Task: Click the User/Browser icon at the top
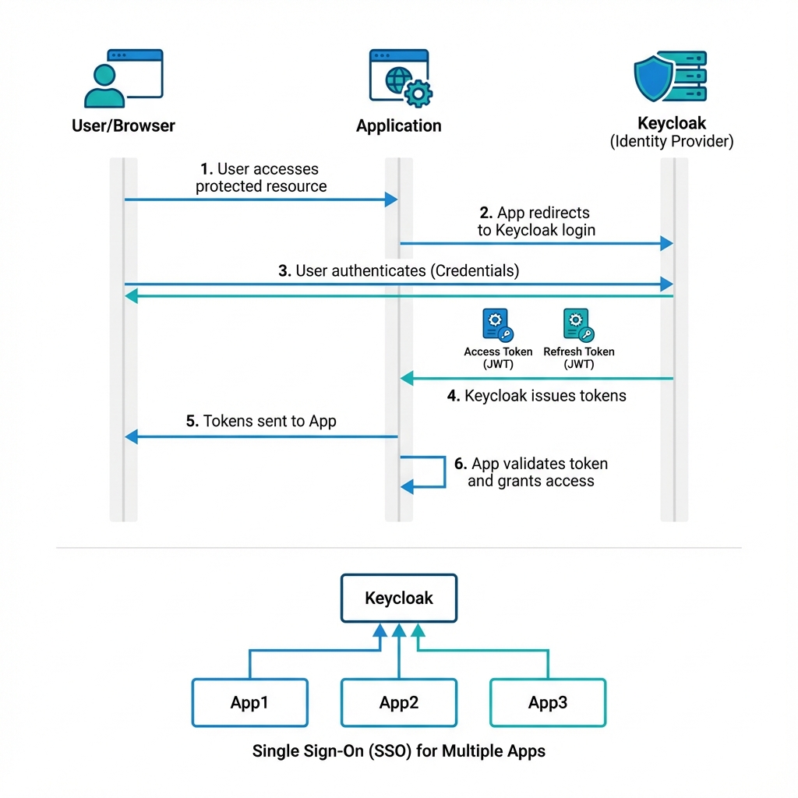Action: (x=123, y=78)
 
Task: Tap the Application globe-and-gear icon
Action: (x=400, y=78)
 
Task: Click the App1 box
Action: (x=249, y=703)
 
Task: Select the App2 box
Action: (x=399, y=703)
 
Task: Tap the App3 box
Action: (x=548, y=703)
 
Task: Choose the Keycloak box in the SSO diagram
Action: (x=399, y=598)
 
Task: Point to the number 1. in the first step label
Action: (x=207, y=169)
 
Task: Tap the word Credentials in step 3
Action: (x=475, y=271)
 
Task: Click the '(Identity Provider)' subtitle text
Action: (x=671, y=142)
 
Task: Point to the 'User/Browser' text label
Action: (x=123, y=125)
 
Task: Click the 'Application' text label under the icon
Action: (x=399, y=125)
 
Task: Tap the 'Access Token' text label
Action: (x=498, y=351)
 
